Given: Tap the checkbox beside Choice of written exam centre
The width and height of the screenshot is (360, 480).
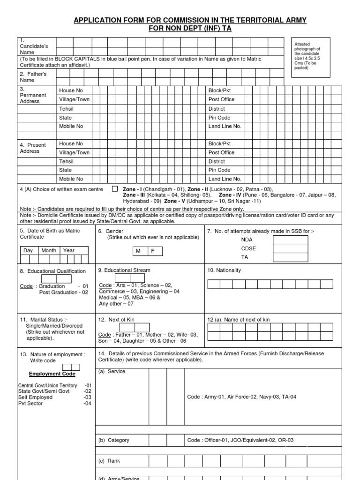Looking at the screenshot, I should pos(115,189).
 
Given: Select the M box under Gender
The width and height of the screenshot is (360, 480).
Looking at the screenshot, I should pos(138,251).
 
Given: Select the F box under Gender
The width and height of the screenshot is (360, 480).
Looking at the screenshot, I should pos(152,251).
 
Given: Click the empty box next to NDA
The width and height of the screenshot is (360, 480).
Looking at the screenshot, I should pos(291,240).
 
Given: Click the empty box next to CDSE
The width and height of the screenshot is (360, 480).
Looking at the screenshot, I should pos(291,248).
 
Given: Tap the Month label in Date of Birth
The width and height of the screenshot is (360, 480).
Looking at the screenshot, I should pos(49,250).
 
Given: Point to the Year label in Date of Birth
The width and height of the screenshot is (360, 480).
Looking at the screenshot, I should pos(69,250).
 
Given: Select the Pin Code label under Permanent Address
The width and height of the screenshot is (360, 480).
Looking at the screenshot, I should pos(219,118).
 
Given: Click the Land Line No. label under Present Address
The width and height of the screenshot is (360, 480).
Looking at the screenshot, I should pos(225,179).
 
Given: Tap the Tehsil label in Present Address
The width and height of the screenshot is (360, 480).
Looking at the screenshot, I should pos(66,161).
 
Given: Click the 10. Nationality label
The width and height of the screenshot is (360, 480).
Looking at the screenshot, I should pos(224,270).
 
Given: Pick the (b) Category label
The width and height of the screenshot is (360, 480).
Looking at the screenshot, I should pos(114,440).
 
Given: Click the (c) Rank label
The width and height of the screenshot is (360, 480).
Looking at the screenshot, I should pos(109,461).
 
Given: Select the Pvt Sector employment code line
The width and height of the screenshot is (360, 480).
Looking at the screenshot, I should pos(30,403).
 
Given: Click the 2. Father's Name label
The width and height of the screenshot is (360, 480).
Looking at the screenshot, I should pos(33,77).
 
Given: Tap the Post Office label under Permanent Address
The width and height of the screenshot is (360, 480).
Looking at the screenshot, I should pos(221,99).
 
